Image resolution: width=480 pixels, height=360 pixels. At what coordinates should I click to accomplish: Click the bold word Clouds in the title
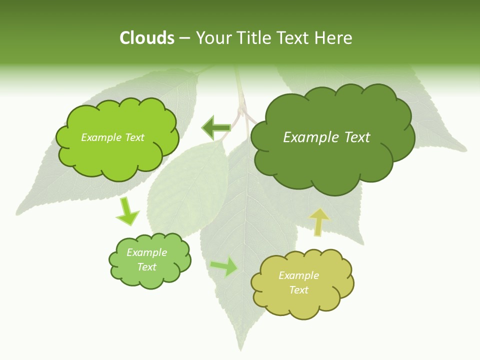click(x=146, y=38)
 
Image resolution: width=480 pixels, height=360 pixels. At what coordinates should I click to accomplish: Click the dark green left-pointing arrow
click(x=215, y=127)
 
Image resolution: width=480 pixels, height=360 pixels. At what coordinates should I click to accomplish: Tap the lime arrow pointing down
click(x=127, y=211)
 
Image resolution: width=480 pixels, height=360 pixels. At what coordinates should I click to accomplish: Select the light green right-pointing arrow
click(x=224, y=267)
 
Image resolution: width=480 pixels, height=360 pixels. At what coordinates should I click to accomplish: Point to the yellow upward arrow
click(x=318, y=221)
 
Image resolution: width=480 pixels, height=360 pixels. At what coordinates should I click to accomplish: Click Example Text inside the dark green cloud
click(x=326, y=137)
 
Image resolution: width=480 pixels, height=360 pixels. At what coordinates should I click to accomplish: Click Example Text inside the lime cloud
click(x=112, y=137)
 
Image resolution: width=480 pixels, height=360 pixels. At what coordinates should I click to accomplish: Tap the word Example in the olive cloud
click(x=298, y=275)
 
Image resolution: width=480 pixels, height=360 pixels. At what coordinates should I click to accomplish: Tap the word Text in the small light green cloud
click(x=147, y=267)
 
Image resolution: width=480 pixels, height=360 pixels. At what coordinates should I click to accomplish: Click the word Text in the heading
click(x=294, y=38)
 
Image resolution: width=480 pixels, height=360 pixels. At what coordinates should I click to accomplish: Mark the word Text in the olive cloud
click(x=298, y=290)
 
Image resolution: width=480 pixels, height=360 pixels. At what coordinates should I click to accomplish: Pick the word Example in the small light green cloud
click(x=147, y=252)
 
